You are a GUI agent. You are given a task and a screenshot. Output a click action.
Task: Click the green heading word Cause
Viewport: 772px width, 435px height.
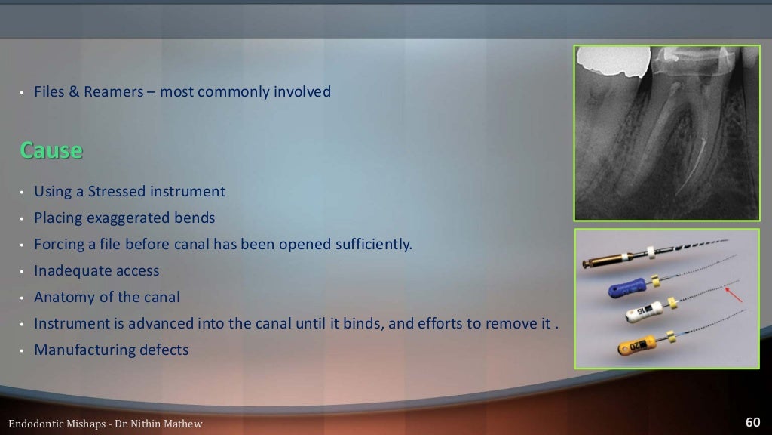pyautogui.click(x=51, y=150)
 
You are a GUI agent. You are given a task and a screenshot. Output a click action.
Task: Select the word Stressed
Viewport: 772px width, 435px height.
pyautogui.click(x=116, y=192)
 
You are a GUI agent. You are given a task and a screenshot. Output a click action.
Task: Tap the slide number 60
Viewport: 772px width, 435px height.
pyautogui.click(x=752, y=422)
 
